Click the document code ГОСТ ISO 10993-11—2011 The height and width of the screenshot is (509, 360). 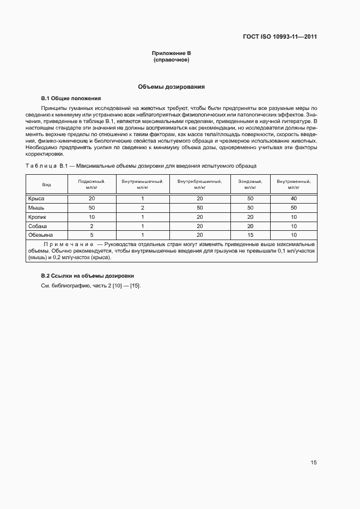tap(280, 37)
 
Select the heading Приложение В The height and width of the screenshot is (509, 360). tap(171, 53)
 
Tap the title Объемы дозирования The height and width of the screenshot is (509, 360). tap(171, 87)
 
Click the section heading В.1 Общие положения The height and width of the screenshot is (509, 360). tap(71, 99)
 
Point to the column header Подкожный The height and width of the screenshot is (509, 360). tap(91, 181)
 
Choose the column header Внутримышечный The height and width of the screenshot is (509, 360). tap(143, 181)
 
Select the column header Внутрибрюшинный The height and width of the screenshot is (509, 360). tap(199, 181)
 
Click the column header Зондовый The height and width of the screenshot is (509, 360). tap(251, 181)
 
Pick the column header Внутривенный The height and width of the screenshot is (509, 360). tap(294, 181)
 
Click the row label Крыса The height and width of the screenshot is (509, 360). tap(36, 199)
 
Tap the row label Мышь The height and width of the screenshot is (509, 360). tap(36, 208)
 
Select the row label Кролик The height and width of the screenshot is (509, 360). tap(38, 217)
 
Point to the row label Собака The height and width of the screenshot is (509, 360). tap(38, 225)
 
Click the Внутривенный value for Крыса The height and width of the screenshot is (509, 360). tap(294, 199)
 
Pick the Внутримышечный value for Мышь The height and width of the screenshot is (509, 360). tap(143, 208)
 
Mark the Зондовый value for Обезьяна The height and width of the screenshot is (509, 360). tap(251, 235)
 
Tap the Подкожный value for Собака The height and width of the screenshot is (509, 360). tap(91, 225)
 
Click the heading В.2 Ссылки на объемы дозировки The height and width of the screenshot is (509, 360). tap(88, 276)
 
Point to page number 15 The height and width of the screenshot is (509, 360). tap(314, 463)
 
